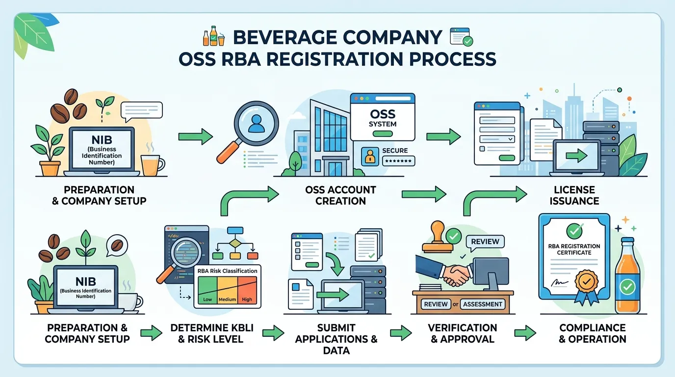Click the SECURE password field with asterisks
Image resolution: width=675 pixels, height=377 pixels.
398,161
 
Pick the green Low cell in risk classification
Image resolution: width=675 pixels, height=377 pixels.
208,290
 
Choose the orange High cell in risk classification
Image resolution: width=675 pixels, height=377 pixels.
247,290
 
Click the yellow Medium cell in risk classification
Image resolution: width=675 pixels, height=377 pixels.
227,290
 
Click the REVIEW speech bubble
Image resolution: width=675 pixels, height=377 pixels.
485,242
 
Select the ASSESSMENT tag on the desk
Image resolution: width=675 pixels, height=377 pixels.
482,304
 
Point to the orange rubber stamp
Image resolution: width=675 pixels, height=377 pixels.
438,237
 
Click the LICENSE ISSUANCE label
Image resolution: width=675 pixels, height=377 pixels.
574,195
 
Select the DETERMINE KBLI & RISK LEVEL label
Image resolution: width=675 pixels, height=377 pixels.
212,333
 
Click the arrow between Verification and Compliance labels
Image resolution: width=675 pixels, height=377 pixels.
525,333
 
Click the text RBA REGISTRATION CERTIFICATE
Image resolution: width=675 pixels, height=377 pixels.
574,249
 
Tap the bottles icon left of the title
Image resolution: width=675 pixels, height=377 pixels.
214,36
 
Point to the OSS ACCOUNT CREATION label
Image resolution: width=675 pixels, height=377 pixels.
340,195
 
